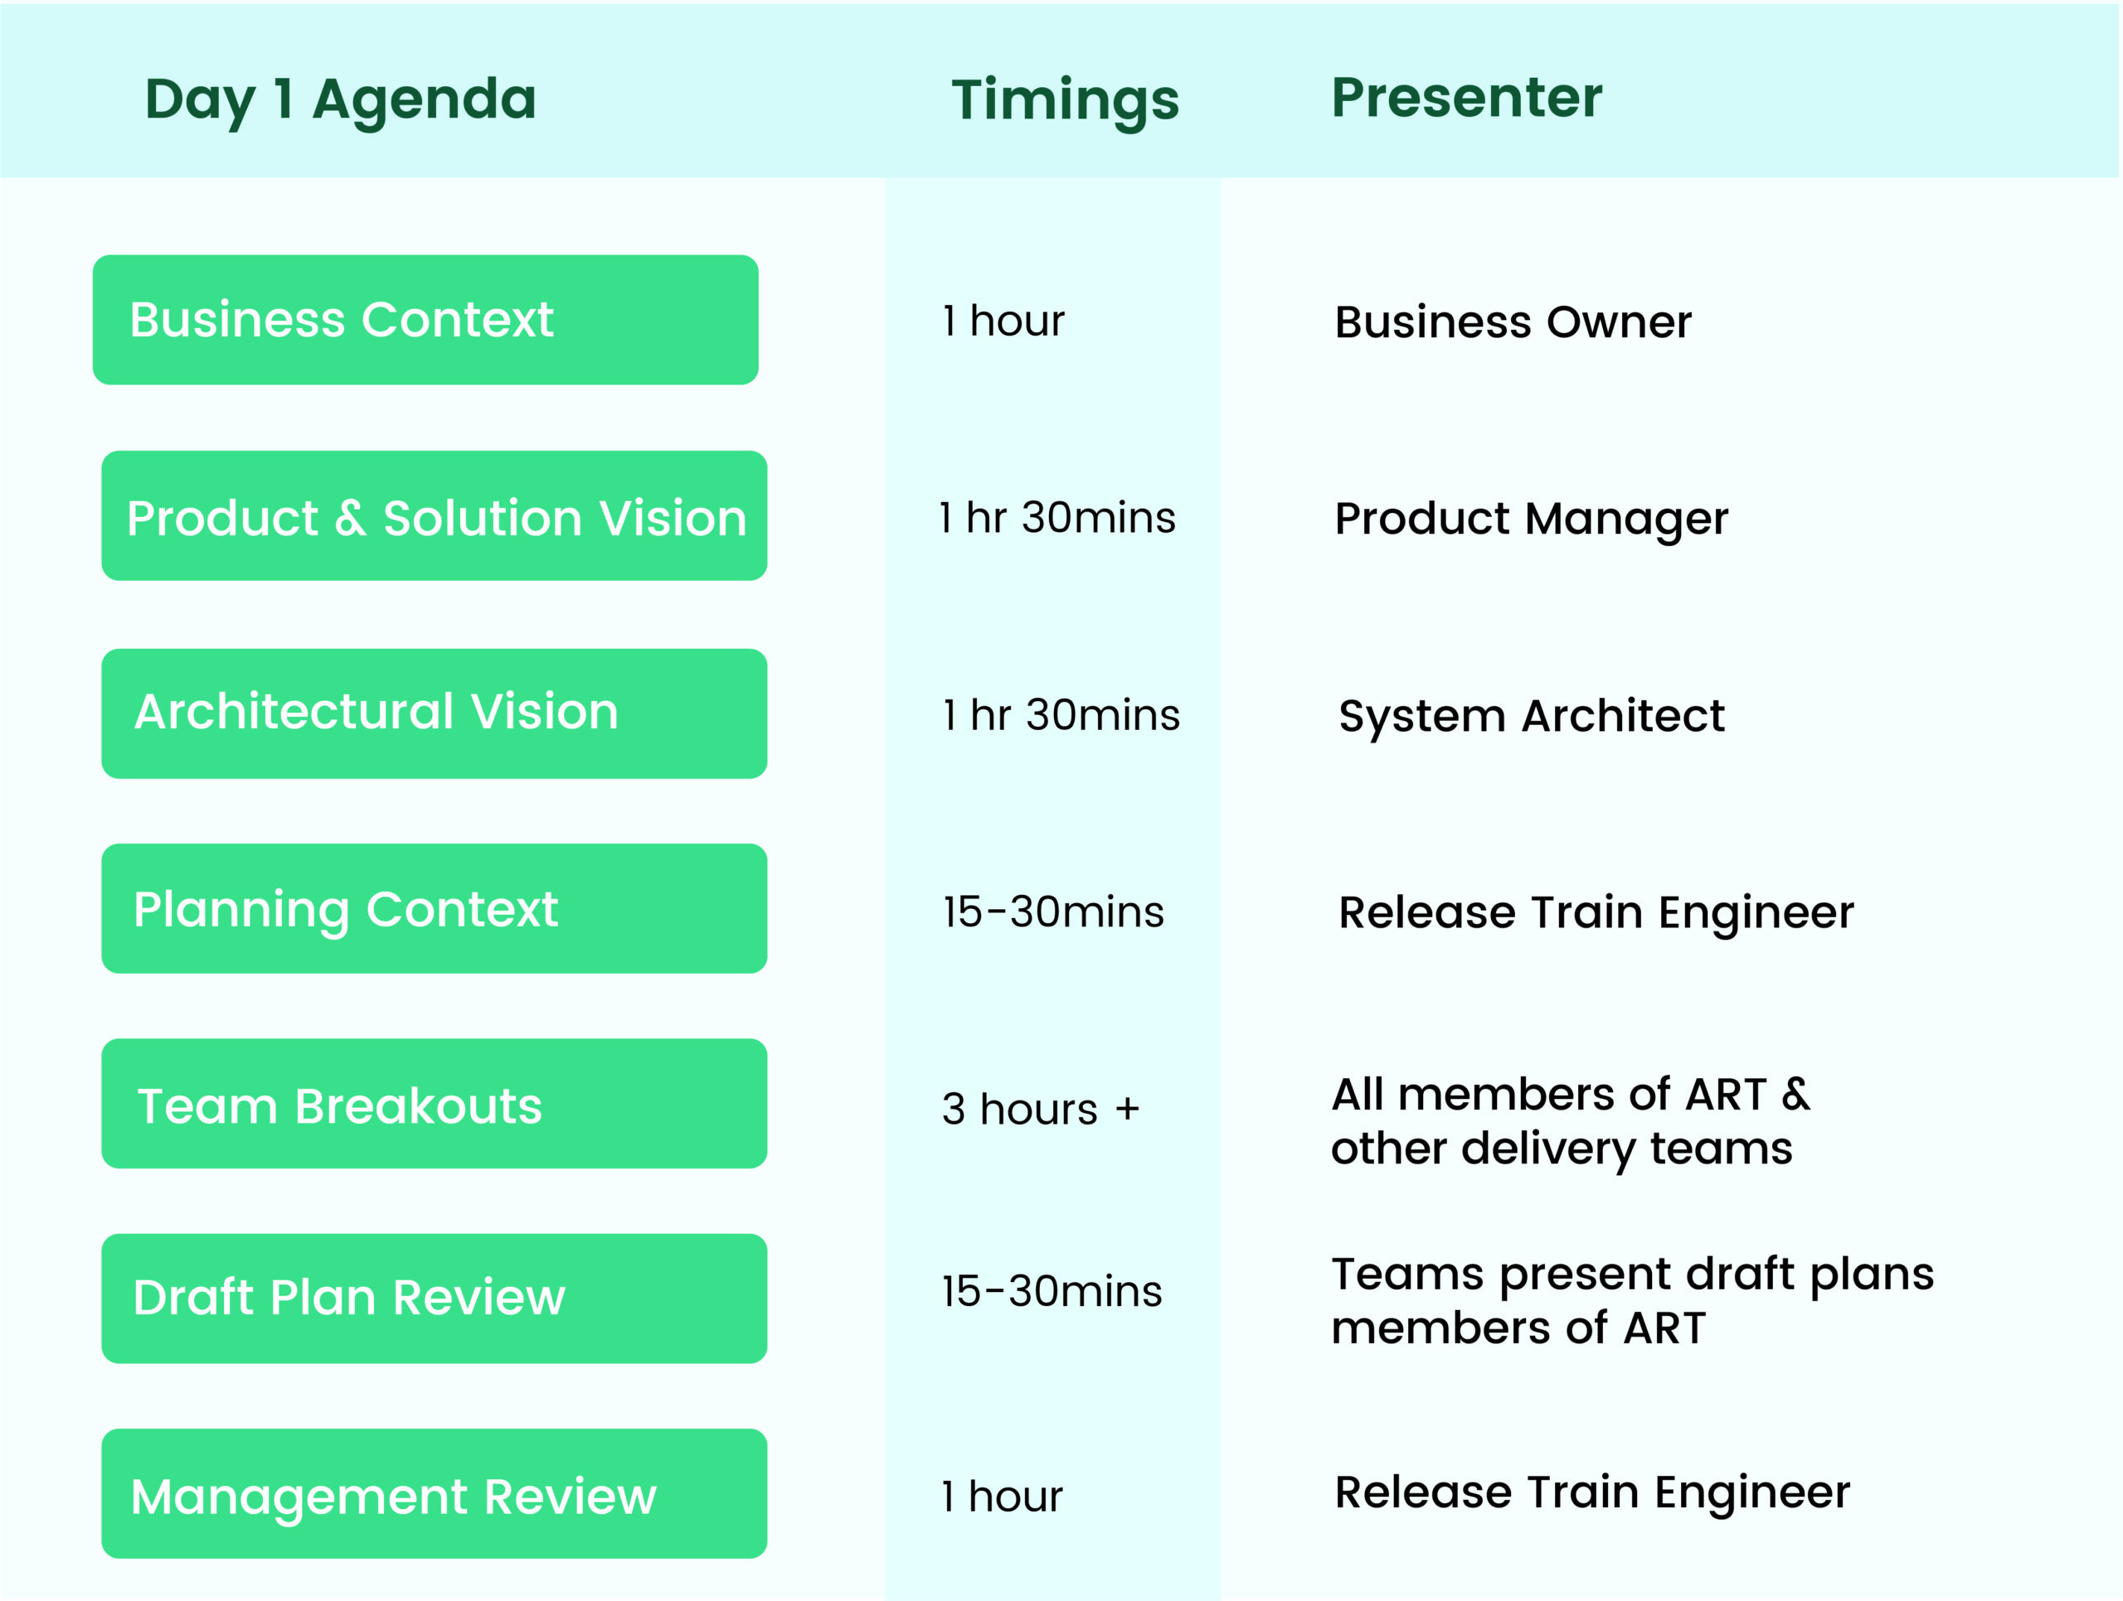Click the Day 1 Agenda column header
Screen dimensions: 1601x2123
click(340, 99)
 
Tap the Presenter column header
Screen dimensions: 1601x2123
click(1465, 98)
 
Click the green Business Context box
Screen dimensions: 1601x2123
click(425, 319)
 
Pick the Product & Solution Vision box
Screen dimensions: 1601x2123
click(434, 516)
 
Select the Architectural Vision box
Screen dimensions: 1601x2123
click(434, 713)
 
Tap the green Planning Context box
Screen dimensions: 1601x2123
click(434, 908)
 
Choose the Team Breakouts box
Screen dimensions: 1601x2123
click(434, 1103)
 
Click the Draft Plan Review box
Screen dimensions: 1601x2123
click(434, 1298)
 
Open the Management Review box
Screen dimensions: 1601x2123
click(434, 1493)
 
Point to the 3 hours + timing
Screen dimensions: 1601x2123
click(1039, 1109)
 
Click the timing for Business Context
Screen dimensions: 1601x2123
click(1003, 321)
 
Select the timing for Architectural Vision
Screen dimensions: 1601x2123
click(1061, 714)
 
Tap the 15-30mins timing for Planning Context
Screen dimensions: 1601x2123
click(1053, 912)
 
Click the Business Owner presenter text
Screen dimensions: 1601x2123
click(1513, 322)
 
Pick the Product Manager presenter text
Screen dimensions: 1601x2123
click(1531, 519)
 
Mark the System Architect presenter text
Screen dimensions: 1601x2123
click(1531, 716)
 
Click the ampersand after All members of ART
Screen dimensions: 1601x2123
click(1795, 1094)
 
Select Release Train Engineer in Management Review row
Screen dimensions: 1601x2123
click(1591, 1492)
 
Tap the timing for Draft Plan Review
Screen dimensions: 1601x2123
click(1051, 1291)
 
